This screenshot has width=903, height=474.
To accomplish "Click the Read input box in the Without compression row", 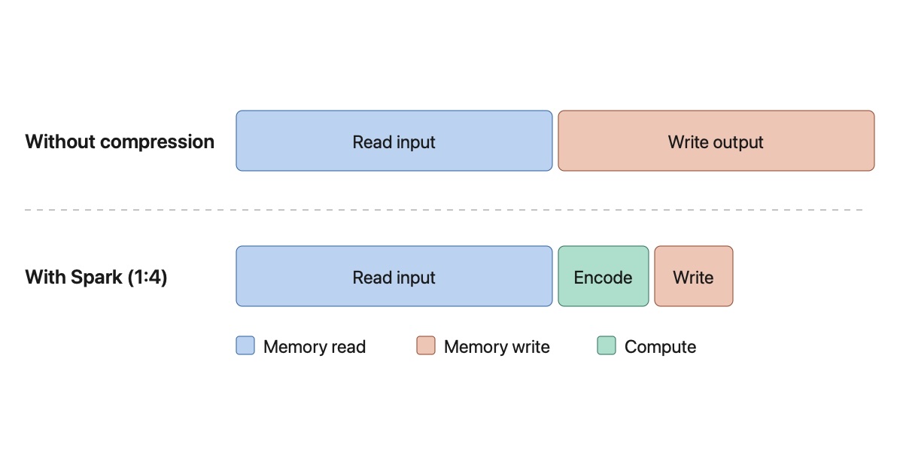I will (394, 141).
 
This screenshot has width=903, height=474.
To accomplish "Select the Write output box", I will (716, 141).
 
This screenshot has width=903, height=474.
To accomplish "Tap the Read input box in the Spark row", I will (394, 276).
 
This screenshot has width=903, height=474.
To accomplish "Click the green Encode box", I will (603, 276).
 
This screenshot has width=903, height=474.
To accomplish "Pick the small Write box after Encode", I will (693, 276).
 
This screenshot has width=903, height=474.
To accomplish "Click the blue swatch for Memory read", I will (245, 346).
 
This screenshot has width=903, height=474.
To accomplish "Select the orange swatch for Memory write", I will (426, 346).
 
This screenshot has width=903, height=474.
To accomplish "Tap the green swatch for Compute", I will (607, 346).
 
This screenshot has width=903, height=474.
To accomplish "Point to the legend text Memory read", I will (314, 347).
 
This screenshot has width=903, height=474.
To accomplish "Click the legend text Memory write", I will (497, 347).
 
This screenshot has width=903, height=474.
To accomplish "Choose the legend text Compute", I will (660, 347).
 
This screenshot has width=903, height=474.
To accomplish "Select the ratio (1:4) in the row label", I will (147, 278).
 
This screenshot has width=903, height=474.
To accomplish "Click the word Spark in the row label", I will (96, 278).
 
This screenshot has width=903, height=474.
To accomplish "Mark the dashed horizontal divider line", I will (444, 210).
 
